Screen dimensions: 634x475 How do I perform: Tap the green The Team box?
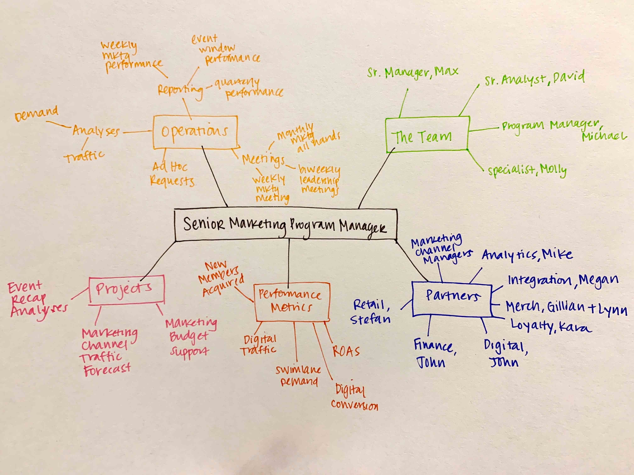[427, 135]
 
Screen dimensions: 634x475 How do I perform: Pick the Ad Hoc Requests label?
[172, 174]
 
